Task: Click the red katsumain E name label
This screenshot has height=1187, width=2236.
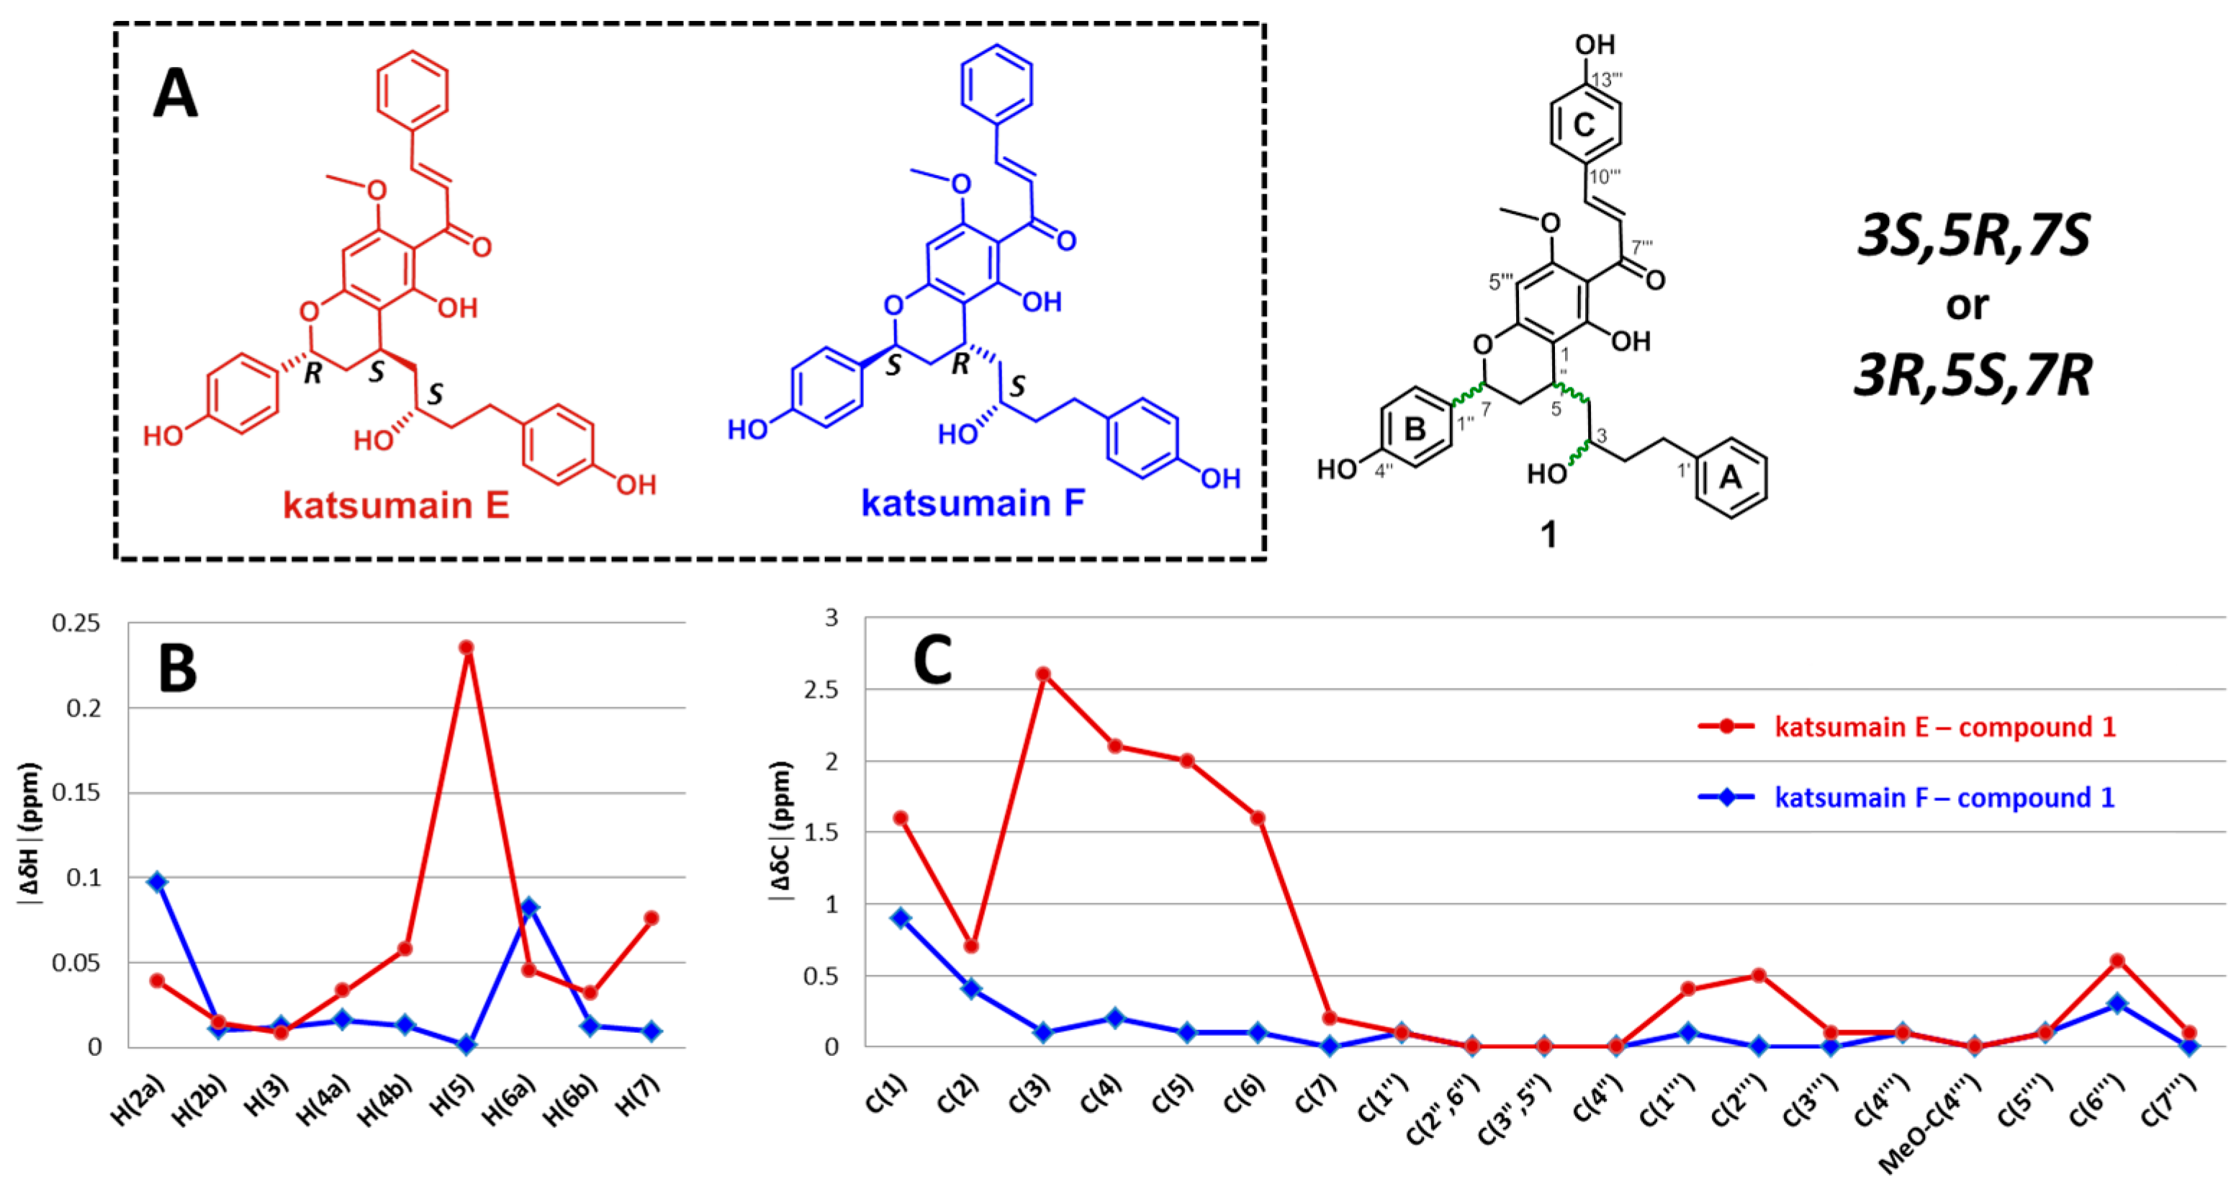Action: click(x=396, y=506)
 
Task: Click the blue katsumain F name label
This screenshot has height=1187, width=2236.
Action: click(x=973, y=503)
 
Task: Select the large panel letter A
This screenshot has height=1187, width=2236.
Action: click(x=176, y=94)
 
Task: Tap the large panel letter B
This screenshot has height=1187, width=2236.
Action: click(x=177, y=669)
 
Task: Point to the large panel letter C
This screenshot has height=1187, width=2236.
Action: click(x=932, y=660)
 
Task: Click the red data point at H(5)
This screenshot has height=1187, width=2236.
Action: click(x=466, y=648)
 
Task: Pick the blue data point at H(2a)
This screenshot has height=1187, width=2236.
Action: click(x=157, y=882)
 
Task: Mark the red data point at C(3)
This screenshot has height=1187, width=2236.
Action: click(x=1043, y=674)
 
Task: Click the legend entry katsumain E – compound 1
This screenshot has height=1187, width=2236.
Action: click(x=1944, y=727)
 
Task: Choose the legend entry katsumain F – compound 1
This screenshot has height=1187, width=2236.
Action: click(x=1944, y=797)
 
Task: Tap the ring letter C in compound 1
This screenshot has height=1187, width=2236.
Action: click(x=1584, y=125)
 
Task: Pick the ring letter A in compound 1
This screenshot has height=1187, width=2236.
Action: click(x=1731, y=478)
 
